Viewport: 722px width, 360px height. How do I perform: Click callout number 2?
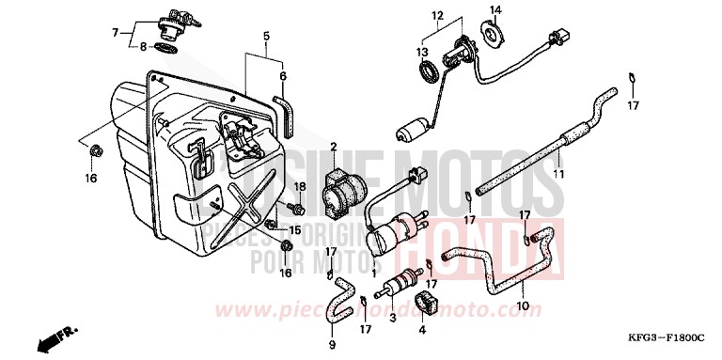[x=333, y=147]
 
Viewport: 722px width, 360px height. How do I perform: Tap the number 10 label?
[x=524, y=306]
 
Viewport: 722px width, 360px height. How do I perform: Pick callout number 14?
[x=266, y=37]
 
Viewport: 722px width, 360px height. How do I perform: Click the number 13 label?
[x=422, y=52]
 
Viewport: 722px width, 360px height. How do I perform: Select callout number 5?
[x=266, y=37]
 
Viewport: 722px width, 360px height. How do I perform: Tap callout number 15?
[x=295, y=229]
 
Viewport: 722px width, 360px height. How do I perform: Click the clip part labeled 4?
[x=422, y=303]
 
